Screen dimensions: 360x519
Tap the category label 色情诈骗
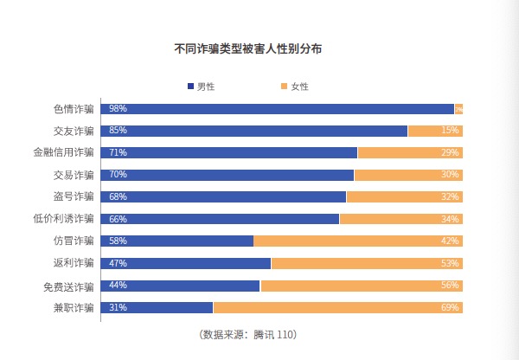[x=74, y=109]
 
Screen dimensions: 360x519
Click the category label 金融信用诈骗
[x=63, y=153]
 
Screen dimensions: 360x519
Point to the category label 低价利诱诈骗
[x=63, y=219]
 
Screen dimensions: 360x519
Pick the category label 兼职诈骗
[x=74, y=308]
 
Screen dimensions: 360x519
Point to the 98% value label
[x=118, y=109]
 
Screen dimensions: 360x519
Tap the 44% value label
[x=118, y=286]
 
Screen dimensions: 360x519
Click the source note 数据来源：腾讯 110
[x=247, y=334]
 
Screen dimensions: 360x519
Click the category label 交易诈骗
[x=74, y=175]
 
